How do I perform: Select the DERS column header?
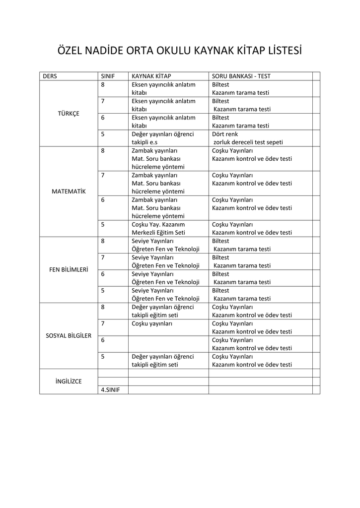coord(50,76)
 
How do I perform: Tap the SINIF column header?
coord(108,76)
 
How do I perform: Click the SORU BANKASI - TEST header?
coord(241,76)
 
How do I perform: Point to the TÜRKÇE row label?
coord(69,113)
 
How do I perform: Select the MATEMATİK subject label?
coord(69,191)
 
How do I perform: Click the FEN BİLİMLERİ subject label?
coord(69,269)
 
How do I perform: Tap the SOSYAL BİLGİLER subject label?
coord(69,335)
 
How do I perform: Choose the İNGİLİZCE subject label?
coord(69,381)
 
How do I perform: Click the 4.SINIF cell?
coord(111,390)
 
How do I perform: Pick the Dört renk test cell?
coord(247,138)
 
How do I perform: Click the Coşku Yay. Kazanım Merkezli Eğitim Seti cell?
coord(158,228)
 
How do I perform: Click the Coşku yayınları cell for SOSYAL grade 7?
coord(152,323)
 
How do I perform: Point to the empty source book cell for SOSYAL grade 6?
coord(168,344)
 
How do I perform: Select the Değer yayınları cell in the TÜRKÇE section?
coord(162,138)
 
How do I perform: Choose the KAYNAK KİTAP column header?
coord(151,76)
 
